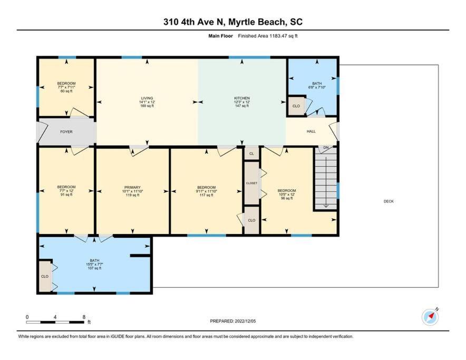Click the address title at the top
[233, 22]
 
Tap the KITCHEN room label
[242, 98]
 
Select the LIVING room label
[147, 98]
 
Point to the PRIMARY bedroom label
[132, 188]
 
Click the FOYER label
[66, 132]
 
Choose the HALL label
[311, 131]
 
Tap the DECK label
[389, 201]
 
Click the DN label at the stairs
[326, 148]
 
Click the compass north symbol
[430, 317]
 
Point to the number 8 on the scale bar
[84, 317]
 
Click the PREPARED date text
[232, 321]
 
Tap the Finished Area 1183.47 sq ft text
[267, 36]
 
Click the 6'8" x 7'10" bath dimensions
[317, 87]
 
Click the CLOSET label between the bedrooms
[252, 183]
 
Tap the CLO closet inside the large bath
[45, 277]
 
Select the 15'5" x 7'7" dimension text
[94, 264]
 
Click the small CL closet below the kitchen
[252, 154]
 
